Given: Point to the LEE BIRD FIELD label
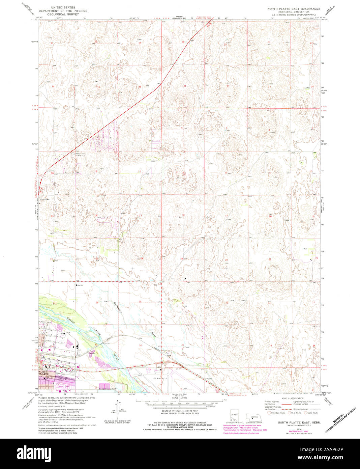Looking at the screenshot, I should point(160,379).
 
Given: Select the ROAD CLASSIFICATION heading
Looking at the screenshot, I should point(292,398).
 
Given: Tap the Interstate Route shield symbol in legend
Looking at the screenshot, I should point(269,412).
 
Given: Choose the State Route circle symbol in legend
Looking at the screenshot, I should point(306,412).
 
